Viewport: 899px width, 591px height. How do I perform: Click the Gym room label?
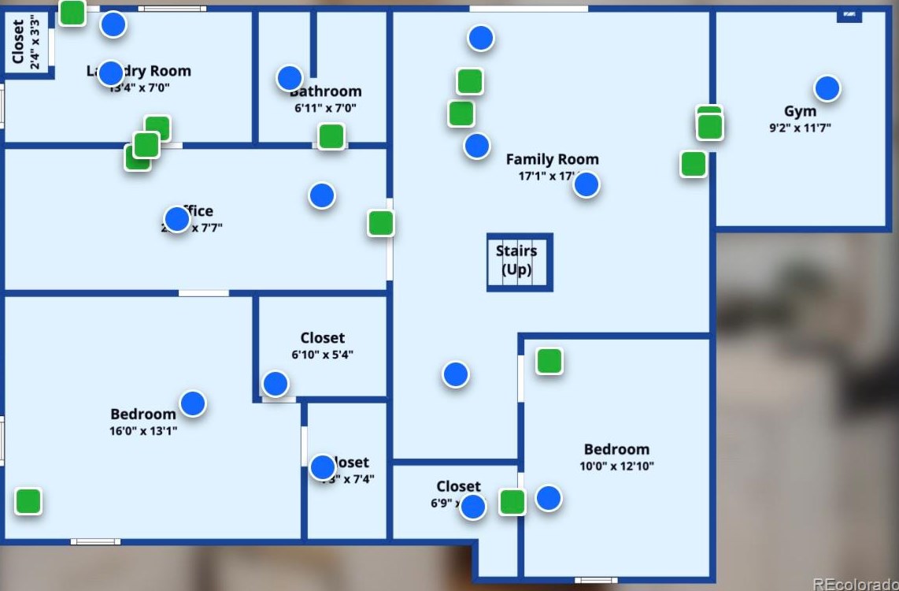(x=800, y=111)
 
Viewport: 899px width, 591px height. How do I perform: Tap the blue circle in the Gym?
(x=827, y=88)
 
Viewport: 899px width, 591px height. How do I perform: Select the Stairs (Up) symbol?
(x=520, y=262)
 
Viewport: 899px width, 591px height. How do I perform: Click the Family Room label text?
(x=552, y=159)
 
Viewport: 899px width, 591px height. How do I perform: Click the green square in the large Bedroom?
(x=28, y=501)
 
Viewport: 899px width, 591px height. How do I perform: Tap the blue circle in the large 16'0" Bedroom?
(x=193, y=403)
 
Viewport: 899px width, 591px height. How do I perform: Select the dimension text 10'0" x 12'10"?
(x=616, y=466)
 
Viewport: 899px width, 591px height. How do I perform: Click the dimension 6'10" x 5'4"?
(x=322, y=355)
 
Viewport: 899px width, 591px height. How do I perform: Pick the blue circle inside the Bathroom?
(x=290, y=78)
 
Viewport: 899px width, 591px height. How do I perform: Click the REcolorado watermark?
(x=855, y=584)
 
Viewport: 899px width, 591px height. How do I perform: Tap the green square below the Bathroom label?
(x=331, y=136)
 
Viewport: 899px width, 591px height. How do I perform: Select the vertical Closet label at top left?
(x=18, y=43)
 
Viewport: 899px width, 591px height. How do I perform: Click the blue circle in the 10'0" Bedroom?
(x=549, y=498)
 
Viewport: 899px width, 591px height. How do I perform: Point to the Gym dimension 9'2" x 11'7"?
(x=800, y=128)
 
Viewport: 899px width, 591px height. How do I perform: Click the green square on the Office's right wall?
(x=381, y=223)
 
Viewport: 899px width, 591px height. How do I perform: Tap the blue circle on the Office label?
(x=177, y=219)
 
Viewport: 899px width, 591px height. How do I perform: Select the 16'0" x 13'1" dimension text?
(x=143, y=431)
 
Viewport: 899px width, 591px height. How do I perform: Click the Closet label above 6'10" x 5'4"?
(x=322, y=338)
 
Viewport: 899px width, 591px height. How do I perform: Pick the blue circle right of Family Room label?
(x=586, y=184)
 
